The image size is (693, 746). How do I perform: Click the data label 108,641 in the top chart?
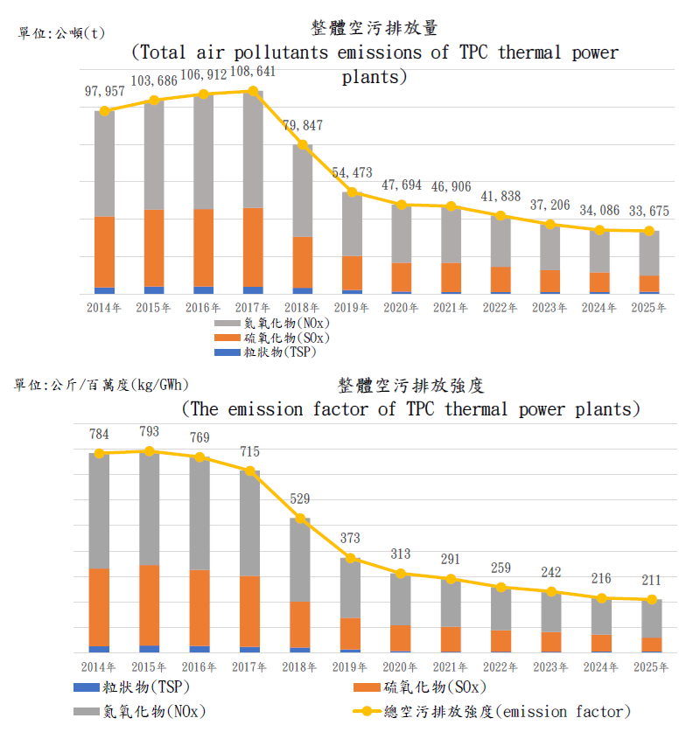[254, 73]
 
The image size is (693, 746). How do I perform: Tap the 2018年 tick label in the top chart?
[302, 308]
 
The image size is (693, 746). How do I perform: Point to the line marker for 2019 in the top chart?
[352, 192]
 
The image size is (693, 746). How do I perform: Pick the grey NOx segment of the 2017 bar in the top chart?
[253, 150]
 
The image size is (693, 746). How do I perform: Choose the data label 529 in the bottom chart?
[301, 498]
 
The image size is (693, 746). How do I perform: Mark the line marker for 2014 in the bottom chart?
[100, 453]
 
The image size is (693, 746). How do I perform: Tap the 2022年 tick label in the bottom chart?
[500, 667]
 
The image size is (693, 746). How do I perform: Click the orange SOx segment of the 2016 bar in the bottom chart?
[199, 607]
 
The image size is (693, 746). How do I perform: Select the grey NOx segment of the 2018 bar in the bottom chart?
[300, 560]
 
